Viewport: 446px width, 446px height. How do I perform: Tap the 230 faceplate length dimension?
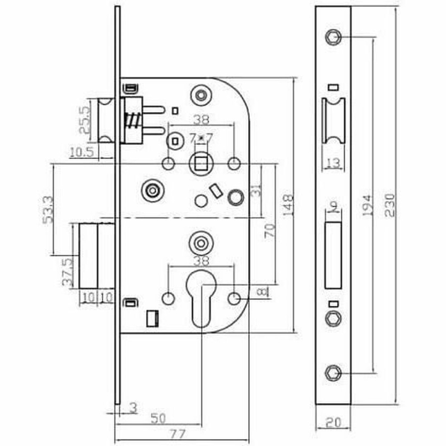(x=389, y=205)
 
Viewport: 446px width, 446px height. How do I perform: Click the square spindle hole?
(x=201, y=164)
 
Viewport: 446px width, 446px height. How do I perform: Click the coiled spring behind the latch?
(x=132, y=122)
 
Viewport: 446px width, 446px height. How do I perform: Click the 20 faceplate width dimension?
(x=333, y=420)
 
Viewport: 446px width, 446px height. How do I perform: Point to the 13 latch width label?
(x=333, y=164)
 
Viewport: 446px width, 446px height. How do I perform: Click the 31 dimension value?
(x=255, y=191)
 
